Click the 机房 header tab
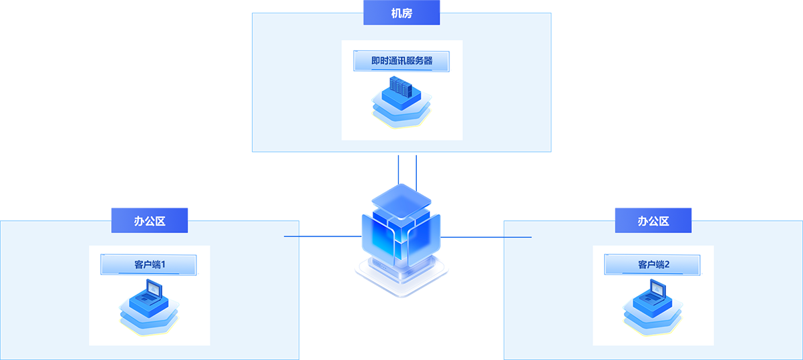click(x=401, y=13)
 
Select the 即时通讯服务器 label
click(x=401, y=61)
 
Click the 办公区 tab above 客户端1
click(x=150, y=220)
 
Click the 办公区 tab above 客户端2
click(x=653, y=220)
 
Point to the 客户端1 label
click(x=149, y=264)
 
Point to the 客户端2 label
click(x=653, y=264)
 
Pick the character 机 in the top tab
click(x=396, y=13)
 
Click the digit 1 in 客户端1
click(x=162, y=264)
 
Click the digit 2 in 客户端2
click(x=666, y=264)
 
